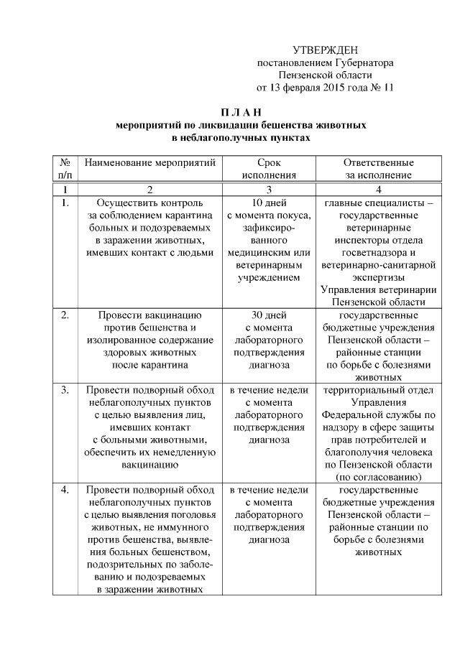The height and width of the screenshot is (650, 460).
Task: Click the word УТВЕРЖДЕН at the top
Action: click(325, 50)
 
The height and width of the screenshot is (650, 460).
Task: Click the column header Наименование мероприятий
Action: click(150, 163)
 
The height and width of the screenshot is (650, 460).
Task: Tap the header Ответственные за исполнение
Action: click(378, 169)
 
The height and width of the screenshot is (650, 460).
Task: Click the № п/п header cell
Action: click(64, 169)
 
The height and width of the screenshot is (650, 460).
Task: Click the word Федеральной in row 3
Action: click(353, 414)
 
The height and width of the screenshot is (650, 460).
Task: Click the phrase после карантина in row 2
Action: click(150, 365)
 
